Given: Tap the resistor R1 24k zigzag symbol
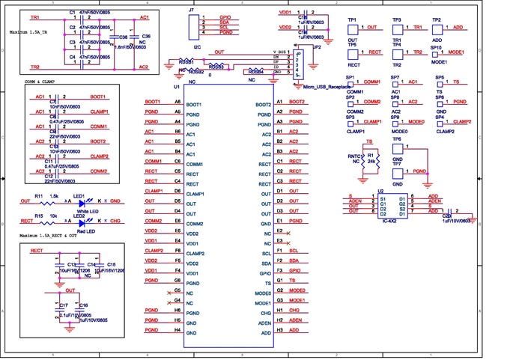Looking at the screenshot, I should pos(362,160).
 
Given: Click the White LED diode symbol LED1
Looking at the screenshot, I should pos(81,201).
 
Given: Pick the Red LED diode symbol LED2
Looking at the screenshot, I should pos(81,222).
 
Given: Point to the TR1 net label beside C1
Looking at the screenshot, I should pos(36,16).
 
